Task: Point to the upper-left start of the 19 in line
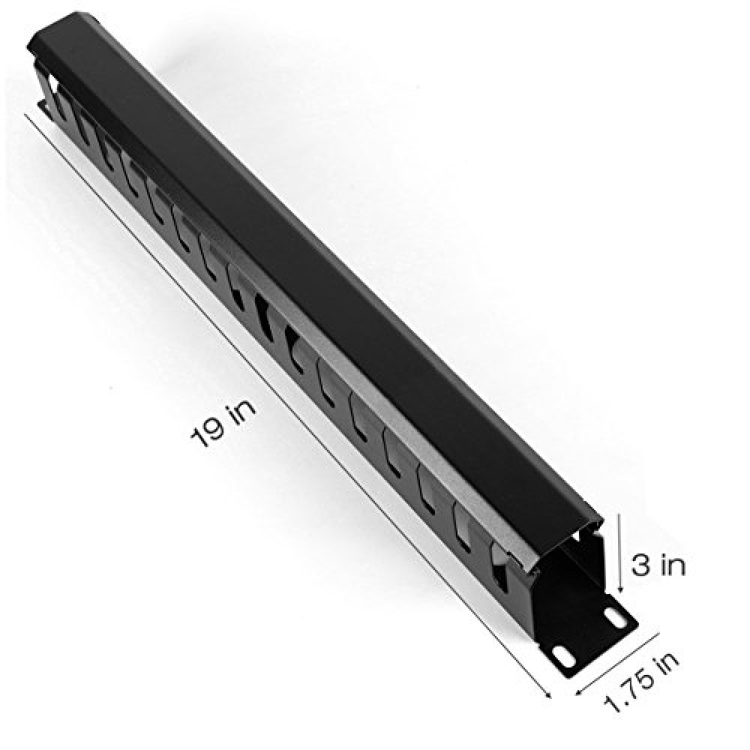[x=26, y=114]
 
